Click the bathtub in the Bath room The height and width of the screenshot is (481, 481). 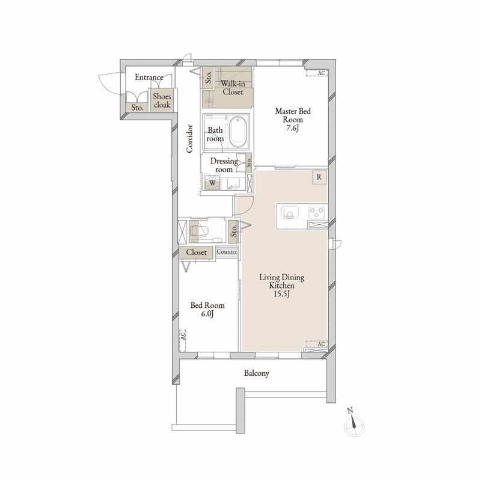(x=238, y=132)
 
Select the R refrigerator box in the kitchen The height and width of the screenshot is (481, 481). (x=319, y=177)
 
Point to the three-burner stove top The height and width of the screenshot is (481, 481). (x=317, y=212)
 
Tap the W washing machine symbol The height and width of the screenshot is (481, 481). (x=213, y=183)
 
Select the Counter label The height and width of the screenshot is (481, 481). (x=227, y=252)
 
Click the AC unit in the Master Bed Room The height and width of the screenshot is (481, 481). (x=317, y=73)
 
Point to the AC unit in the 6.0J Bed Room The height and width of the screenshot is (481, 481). (x=183, y=340)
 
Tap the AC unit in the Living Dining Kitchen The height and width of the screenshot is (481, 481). (x=317, y=344)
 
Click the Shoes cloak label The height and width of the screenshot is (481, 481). (x=162, y=100)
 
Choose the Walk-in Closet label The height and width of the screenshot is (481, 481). (x=233, y=87)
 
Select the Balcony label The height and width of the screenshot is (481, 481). (x=257, y=373)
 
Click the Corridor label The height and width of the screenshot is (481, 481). (x=189, y=138)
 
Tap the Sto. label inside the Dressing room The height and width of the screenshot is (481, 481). (x=249, y=162)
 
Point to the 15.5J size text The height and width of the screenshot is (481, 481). (x=282, y=294)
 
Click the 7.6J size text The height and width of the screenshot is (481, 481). (x=292, y=127)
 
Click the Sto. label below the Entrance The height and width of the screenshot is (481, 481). (x=138, y=108)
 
